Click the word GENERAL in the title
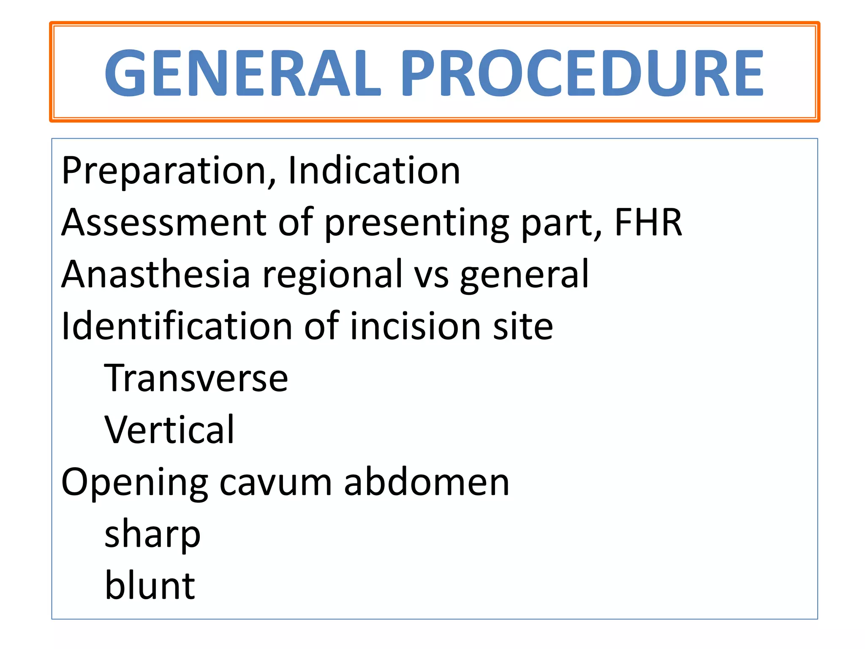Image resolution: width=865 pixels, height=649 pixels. tap(243, 73)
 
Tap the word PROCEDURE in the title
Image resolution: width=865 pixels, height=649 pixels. tap(582, 73)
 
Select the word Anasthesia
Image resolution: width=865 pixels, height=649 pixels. tap(156, 274)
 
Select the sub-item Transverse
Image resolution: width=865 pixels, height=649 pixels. tap(196, 378)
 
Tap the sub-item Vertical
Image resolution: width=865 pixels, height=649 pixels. tap(169, 430)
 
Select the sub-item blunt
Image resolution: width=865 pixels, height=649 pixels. tap(150, 586)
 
